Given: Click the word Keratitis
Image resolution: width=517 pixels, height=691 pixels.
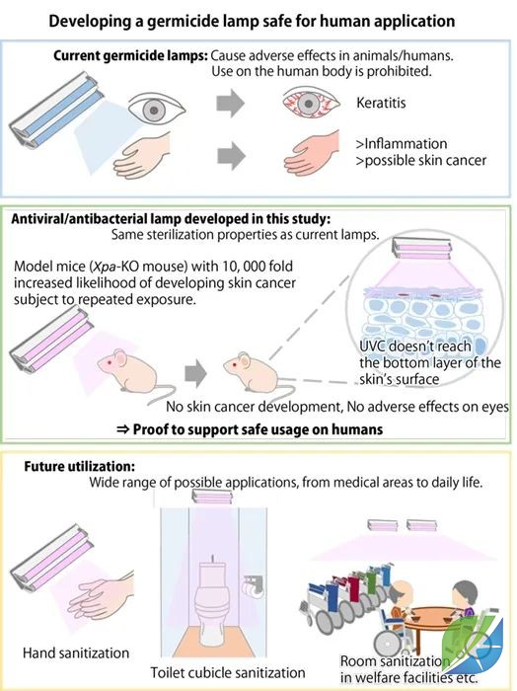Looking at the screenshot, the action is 381,103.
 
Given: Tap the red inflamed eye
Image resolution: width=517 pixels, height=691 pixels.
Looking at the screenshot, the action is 311,103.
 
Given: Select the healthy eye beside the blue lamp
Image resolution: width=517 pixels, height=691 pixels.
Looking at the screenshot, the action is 157,110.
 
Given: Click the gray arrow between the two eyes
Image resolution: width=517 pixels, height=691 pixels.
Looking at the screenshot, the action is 230,103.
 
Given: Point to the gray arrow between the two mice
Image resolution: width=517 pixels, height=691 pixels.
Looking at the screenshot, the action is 195,373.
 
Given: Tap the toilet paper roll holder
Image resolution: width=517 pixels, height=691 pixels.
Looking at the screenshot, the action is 253,585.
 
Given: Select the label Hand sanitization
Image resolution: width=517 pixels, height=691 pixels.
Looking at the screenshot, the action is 76,653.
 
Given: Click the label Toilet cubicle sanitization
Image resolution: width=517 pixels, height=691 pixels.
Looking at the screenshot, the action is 228,672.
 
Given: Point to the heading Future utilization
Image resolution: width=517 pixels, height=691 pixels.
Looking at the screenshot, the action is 79,466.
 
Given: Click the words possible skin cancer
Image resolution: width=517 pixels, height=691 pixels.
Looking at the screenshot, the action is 425,160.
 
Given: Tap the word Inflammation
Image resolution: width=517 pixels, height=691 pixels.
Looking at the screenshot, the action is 406,144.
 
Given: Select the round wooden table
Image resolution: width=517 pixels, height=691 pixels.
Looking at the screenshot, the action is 429,617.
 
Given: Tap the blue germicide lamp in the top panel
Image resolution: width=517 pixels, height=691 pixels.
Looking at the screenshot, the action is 56,109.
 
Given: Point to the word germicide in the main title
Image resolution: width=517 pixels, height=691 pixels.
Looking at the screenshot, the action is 183,21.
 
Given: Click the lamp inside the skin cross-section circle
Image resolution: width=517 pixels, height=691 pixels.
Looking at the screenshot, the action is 422,249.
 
